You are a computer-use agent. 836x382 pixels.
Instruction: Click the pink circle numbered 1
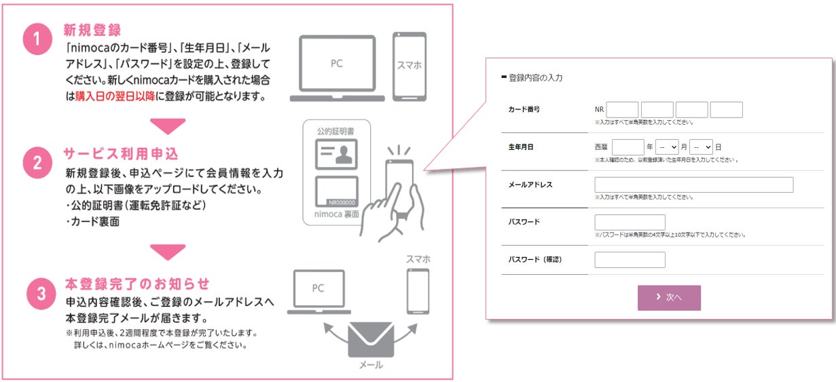[x=39, y=40]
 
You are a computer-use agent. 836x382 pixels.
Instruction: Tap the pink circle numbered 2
[x=39, y=164]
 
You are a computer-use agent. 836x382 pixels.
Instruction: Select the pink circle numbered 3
[x=41, y=293]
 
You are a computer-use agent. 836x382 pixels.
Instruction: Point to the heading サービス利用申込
[x=126, y=153]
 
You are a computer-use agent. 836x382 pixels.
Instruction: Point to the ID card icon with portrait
[x=336, y=154]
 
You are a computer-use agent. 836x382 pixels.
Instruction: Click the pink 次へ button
[x=668, y=298]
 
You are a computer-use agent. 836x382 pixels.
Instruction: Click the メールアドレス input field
[x=693, y=185]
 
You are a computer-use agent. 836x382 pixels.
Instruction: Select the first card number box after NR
[x=622, y=110]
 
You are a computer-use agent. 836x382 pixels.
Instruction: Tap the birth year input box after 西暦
[x=628, y=147]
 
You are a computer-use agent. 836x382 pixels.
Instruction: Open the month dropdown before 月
[x=667, y=147]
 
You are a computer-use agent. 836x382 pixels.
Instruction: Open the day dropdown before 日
[x=700, y=147]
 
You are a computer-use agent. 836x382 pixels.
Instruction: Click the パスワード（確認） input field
[x=630, y=260]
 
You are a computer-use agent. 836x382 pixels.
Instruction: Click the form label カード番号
[x=524, y=109]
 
